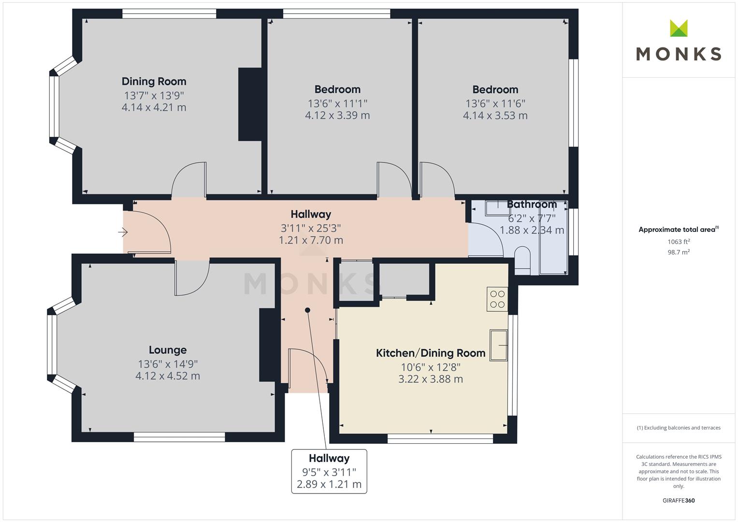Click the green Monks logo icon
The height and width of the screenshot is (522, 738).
click(679, 28)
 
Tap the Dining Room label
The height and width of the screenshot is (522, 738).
click(154, 81)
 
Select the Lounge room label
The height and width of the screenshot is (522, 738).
click(168, 349)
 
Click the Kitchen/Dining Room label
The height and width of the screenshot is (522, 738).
click(431, 353)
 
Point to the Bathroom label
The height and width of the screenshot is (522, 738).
click(532, 204)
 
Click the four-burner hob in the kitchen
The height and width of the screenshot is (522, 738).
click(497, 299)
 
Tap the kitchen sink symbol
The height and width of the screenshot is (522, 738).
click(498, 345)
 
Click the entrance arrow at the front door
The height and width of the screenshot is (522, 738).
click(123, 232)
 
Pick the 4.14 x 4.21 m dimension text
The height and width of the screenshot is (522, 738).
click(154, 107)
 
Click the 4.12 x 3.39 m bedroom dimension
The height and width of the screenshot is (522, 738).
click(337, 116)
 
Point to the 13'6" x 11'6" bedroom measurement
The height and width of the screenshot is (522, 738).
click(495, 103)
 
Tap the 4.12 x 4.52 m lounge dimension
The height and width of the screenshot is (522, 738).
click(168, 376)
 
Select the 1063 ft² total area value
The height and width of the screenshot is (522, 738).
click(679, 242)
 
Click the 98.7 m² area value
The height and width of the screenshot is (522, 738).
click(679, 252)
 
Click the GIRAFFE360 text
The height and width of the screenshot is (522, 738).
click(679, 500)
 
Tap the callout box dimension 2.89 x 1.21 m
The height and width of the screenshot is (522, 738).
click(329, 484)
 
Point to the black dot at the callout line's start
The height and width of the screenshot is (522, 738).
click(307, 310)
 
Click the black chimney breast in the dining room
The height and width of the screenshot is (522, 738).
click(250, 104)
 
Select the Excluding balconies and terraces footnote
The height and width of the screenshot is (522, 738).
click(679, 428)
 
